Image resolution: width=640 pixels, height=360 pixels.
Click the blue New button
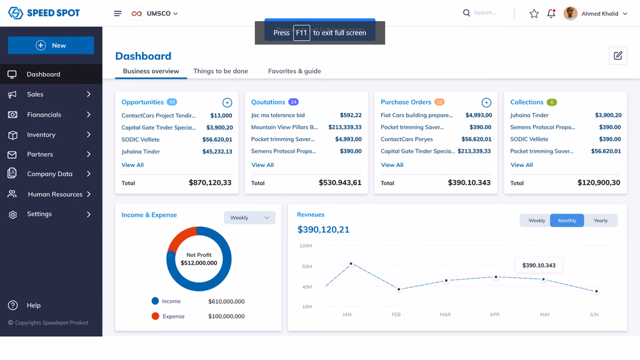[x=51, y=45]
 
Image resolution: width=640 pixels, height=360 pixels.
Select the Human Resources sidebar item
[x=55, y=194]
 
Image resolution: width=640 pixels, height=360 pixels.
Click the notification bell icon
[x=551, y=13]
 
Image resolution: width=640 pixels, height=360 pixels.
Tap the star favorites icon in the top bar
[x=534, y=13]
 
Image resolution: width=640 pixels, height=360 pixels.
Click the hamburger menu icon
[x=117, y=13]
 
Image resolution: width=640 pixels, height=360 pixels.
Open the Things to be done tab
[x=221, y=71]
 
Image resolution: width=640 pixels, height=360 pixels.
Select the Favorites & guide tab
[x=294, y=71]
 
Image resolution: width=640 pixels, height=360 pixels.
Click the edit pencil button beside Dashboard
[x=618, y=56]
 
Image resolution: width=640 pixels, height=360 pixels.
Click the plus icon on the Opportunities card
[x=227, y=102]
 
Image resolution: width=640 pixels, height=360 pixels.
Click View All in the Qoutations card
[x=262, y=165]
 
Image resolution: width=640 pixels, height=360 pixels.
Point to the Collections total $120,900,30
[x=599, y=182]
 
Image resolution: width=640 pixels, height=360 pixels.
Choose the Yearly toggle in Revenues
[x=601, y=221]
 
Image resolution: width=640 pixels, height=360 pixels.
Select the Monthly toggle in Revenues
[x=567, y=221]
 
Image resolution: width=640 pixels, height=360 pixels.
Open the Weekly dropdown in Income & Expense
[x=249, y=217]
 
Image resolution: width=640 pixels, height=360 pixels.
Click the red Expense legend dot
[x=155, y=316]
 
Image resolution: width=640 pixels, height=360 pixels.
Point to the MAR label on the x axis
[x=445, y=314]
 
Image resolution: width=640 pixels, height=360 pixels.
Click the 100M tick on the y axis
[x=306, y=246]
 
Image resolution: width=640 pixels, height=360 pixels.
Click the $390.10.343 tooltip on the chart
[x=539, y=266]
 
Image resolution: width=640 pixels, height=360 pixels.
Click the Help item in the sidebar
[x=34, y=306]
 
